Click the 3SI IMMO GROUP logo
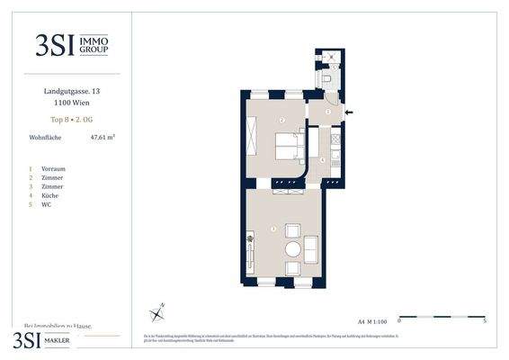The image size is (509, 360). tap(72, 45)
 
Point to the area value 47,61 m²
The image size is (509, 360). tap(103, 138)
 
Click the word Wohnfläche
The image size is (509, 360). tap(45, 138)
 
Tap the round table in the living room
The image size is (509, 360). tap(293, 249)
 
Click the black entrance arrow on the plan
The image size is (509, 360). tap(349, 112)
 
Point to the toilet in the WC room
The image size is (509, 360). tap(332, 80)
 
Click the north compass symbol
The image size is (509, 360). tap(157, 313)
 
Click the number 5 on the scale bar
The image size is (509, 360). tap(485, 320)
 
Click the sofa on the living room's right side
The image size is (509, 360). tap(311, 248)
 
